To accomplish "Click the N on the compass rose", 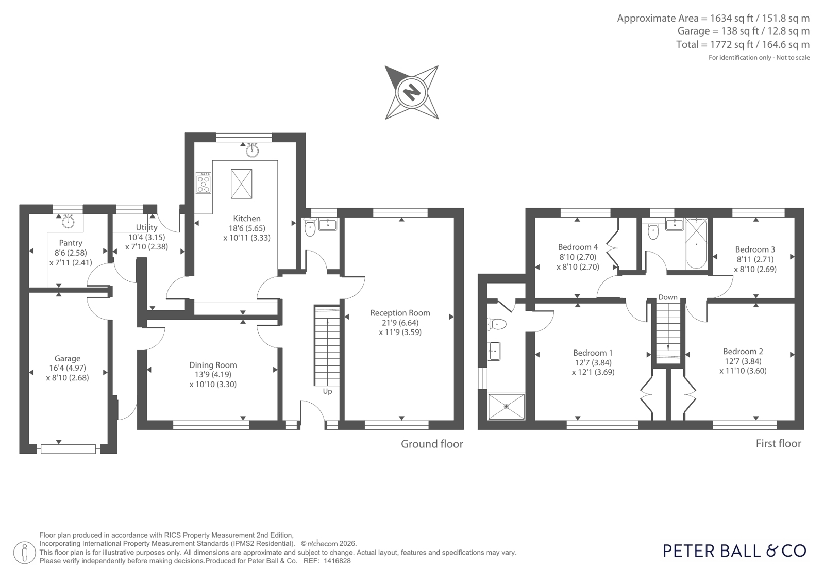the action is tap(412, 92).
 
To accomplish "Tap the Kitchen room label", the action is tap(247, 219).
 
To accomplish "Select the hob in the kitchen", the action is tap(204, 183).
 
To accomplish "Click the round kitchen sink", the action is tap(253, 150).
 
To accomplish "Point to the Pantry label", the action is tap(71, 243).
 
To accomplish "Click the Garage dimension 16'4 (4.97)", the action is tap(68, 368).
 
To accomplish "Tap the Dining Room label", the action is tap(213, 365).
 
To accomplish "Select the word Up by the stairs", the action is tap(327, 392).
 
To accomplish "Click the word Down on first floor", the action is tap(668, 297).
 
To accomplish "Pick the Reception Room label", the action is tap(400, 313).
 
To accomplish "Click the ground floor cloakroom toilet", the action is tap(310, 227).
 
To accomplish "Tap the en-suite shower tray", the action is tap(506, 406).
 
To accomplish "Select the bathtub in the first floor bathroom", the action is tap(696, 244).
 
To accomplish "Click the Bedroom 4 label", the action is tap(578, 247).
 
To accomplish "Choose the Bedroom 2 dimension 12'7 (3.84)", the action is tap(743, 361).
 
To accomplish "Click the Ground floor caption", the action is tap(432, 444).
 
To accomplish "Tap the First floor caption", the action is tap(778, 444).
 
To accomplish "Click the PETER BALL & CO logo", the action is tap(735, 551).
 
